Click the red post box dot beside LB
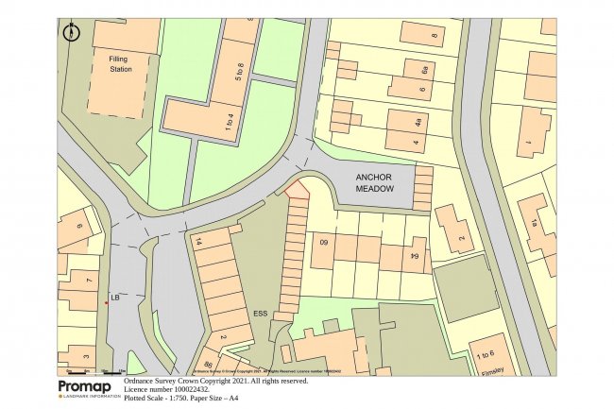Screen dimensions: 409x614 point(107,303)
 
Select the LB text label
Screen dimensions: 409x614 point(114,298)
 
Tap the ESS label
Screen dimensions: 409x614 point(262,312)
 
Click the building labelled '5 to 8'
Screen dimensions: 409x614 point(239,72)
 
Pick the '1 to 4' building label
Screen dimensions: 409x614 point(202,119)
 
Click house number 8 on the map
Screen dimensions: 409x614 point(434,38)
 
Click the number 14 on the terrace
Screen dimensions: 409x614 point(199,242)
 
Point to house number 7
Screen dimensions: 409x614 point(88,281)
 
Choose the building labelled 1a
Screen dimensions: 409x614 point(534,223)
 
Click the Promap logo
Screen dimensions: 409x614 point(88,387)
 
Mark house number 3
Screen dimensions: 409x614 point(86,357)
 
